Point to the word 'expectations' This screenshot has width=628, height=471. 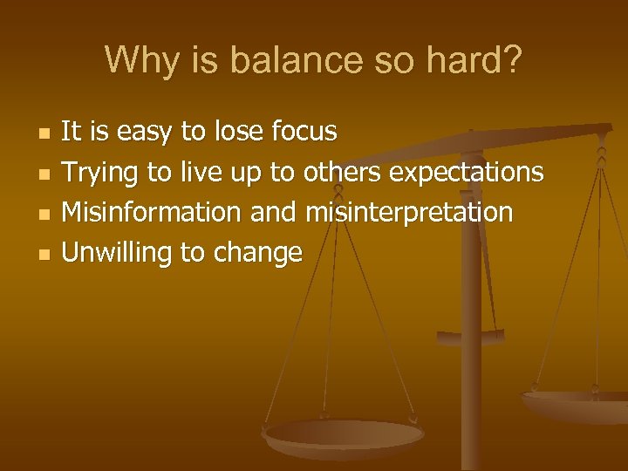click(x=466, y=173)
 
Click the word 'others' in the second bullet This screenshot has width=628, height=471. click(x=342, y=172)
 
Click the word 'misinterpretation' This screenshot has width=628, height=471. click(x=409, y=212)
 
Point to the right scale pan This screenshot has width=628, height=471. click(x=576, y=402)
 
